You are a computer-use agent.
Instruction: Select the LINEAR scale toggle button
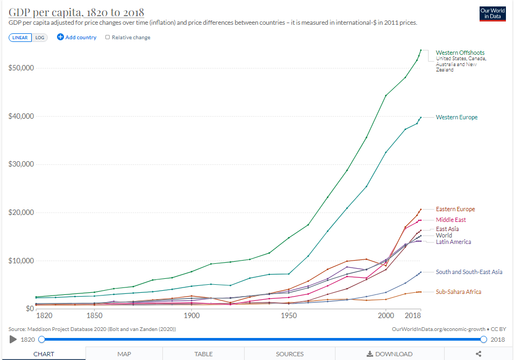coord(20,38)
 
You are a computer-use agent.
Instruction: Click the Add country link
coord(77,38)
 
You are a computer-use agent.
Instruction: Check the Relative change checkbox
coord(108,38)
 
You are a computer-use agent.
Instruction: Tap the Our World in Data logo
coord(493,13)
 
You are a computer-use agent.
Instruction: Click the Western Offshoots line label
coord(460,53)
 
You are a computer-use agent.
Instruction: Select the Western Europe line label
coord(456,117)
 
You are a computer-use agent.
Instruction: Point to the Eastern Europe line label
coord(455,209)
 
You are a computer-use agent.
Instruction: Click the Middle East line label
coord(451,220)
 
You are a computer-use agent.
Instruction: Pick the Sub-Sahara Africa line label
coord(458,292)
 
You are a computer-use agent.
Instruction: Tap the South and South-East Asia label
coord(469,272)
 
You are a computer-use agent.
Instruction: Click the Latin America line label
coord(453,242)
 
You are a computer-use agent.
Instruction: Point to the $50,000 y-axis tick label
coord(22,68)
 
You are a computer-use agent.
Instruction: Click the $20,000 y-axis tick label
coord(22,213)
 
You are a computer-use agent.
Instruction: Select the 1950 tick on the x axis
coord(288,315)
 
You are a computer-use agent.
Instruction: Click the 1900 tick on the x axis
coord(191,315)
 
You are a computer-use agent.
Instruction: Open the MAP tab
coord(125,354)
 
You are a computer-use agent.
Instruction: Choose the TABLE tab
coord(203,354)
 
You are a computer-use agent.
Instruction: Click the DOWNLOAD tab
coord(390,354)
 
